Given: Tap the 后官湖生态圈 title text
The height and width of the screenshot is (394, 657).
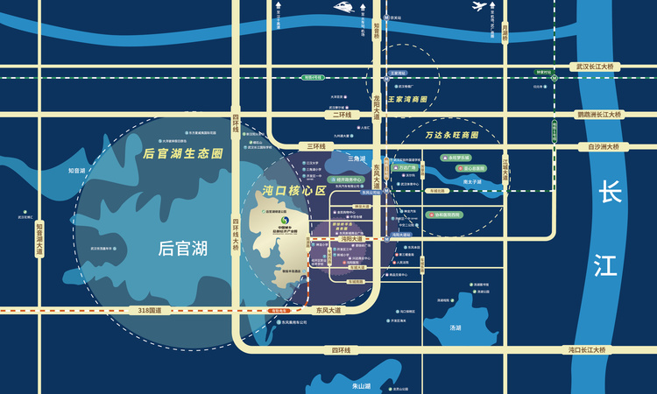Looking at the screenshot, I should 183,153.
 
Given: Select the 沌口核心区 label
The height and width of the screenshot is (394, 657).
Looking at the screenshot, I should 293,190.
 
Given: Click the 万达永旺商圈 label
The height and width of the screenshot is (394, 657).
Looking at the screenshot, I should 452,136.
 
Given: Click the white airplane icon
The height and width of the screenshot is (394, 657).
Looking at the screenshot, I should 479,7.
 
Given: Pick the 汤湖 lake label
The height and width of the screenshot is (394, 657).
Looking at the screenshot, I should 455,327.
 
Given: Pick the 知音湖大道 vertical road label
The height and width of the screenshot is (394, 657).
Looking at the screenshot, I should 39,238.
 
